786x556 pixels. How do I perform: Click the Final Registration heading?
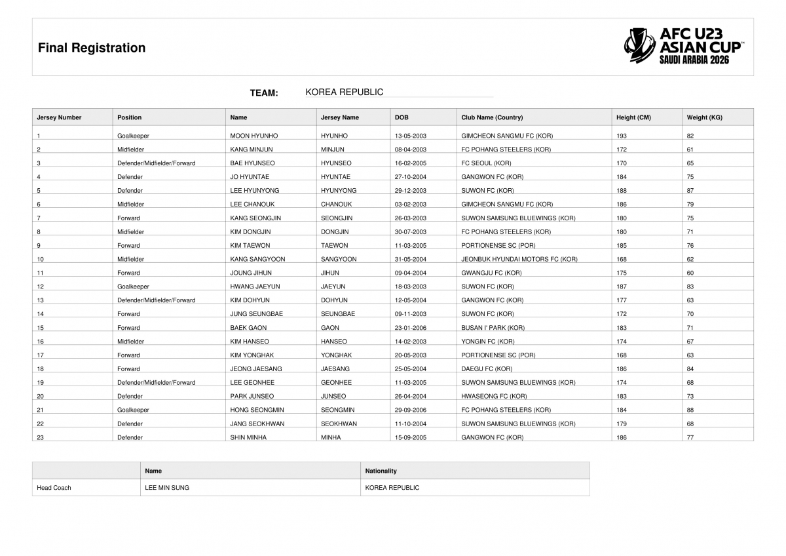[92, 48]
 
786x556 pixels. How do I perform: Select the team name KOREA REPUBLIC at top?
[344, 92]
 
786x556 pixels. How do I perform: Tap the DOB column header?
[402, 117]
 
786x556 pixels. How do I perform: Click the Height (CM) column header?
[633, 117]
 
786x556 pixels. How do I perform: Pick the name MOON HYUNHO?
[254, 136]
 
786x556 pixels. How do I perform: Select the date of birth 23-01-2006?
[411, 328]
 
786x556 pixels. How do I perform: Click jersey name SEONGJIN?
[337, 218]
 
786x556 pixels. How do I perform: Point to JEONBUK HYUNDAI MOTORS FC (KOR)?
[519, 260]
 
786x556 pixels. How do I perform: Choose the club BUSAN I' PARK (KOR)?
[493, 328]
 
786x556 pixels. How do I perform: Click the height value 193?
[622, 136]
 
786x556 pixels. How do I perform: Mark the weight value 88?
[690, 410]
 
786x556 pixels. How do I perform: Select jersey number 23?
[41, 437]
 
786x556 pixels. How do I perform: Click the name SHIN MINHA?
[248, 437]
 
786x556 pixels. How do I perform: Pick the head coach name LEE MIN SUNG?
[167, 488]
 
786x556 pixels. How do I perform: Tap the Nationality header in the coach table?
[381, 471]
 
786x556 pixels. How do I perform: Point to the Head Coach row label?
[54, 488]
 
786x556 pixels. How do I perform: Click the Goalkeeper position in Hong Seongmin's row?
[133, 410]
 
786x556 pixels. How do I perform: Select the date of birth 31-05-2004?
[411, 260]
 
